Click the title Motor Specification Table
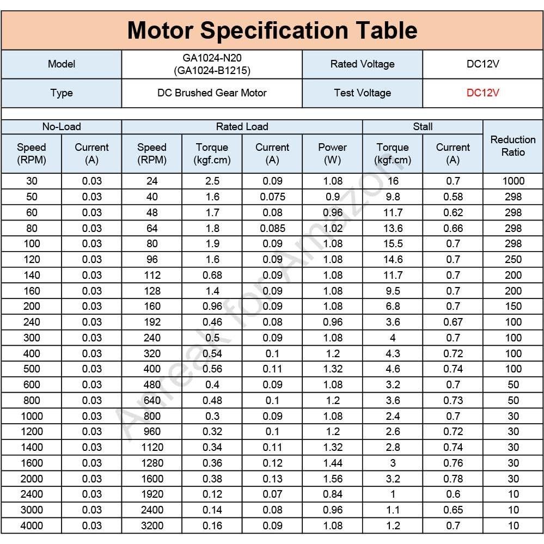tap(272, 30)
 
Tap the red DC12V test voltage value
tap(482, 93)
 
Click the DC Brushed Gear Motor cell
tap(212, 93)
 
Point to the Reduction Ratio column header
tap(513, 146)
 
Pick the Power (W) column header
tap(332, 154)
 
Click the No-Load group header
tap(62, 127)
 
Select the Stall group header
tap(423, 127)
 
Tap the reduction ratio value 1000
tap(513, 181)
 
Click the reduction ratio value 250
tap(513, 259)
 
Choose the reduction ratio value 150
tap(513, 306)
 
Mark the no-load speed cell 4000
tap(32, 525)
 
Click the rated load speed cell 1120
tap(152, 447)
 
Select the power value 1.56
tap(332, 479)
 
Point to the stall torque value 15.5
tap(393, 243)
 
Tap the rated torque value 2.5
tap(212, 181)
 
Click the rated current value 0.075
tap(272, 197)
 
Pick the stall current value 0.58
tap(453, 197)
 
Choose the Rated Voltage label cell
tap(362, 64)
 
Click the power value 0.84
tap(332, 494)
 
